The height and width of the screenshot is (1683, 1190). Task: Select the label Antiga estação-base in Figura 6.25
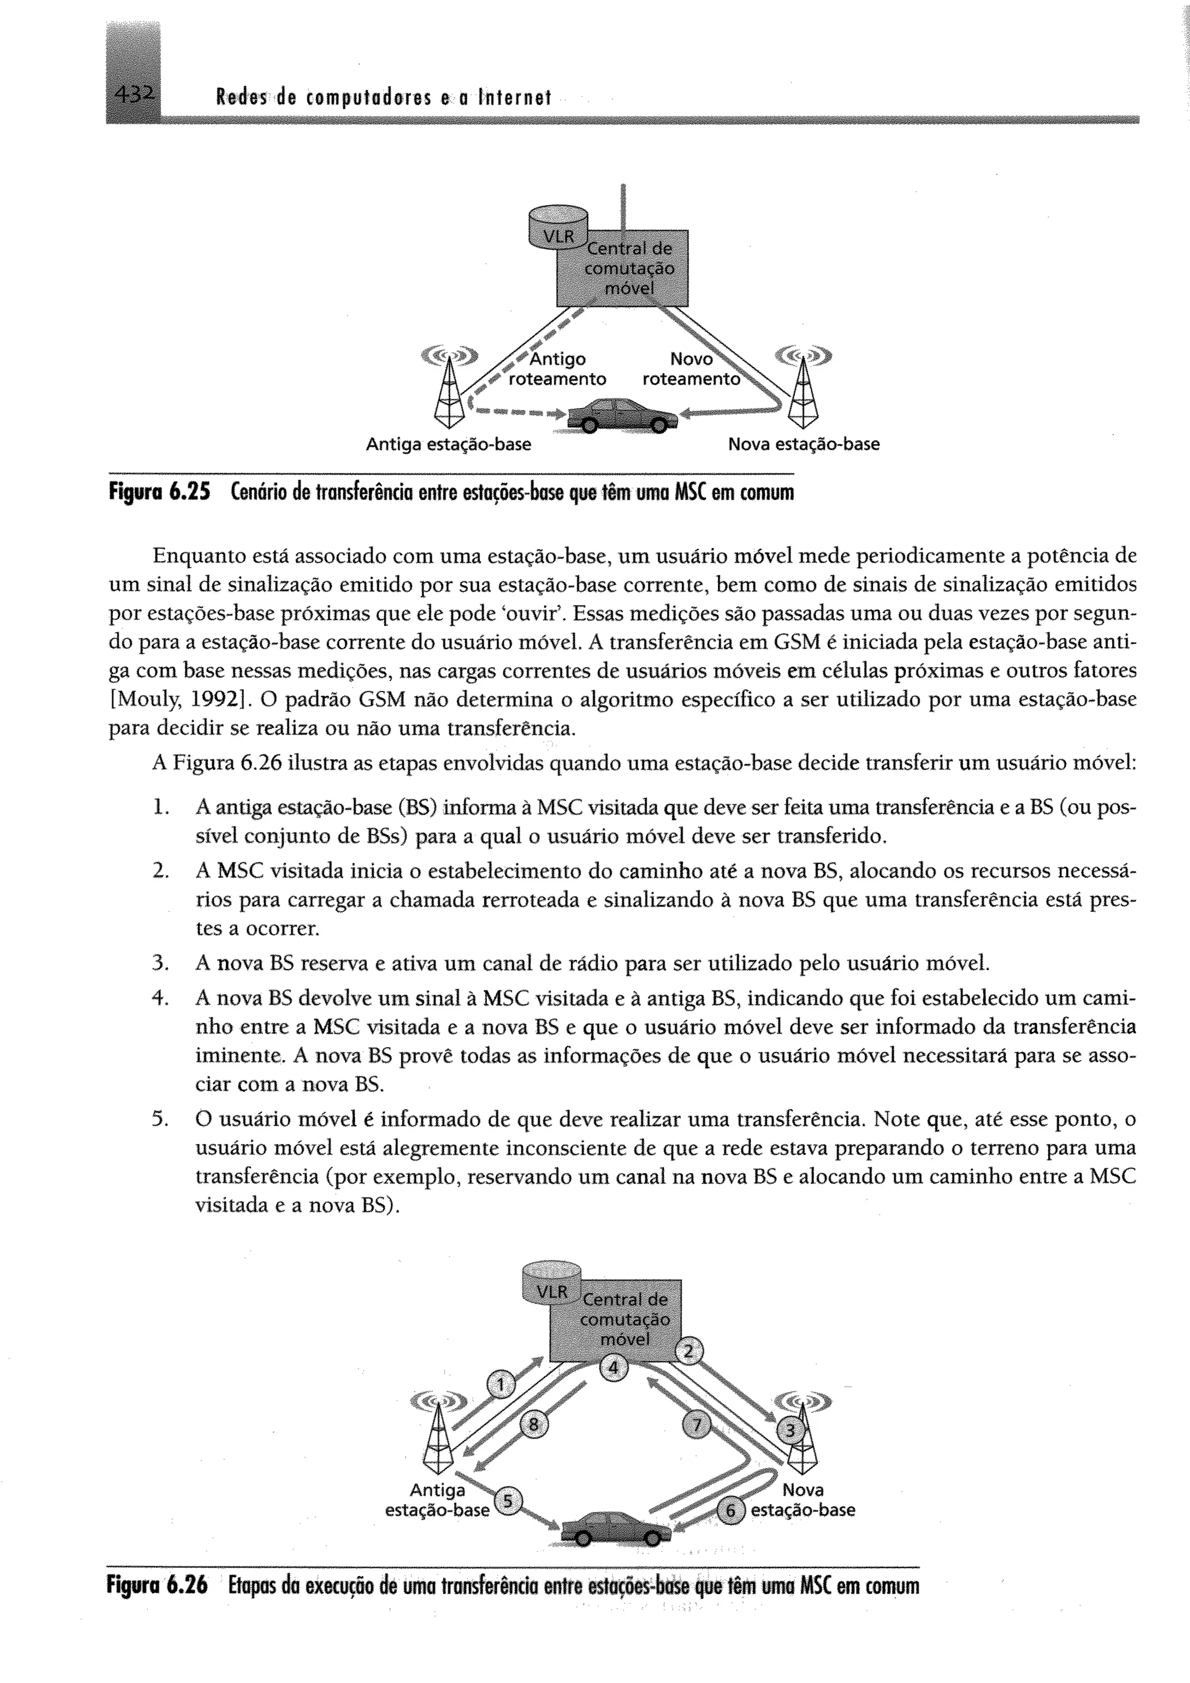[449, 444]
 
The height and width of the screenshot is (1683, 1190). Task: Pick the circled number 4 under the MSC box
[614, 1368]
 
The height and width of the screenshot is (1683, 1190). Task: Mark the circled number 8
[533, 1425]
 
